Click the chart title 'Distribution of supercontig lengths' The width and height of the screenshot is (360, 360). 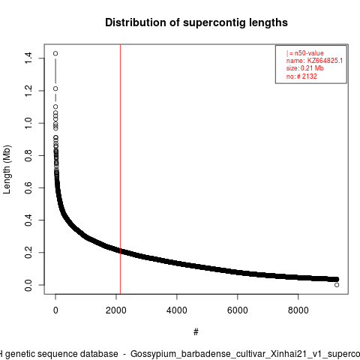(196, 22)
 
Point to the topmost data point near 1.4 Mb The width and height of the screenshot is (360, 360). (55, 53)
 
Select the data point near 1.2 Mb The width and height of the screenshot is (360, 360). (55, 88)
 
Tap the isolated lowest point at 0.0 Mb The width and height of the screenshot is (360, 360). (337, 285)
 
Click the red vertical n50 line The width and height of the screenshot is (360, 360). (120, 169)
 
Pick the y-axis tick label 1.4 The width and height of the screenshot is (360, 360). (28, 58)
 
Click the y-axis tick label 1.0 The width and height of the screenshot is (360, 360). (28, 123)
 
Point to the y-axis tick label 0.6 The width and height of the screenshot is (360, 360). (28, 187)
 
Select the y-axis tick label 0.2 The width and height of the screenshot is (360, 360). (28, 253)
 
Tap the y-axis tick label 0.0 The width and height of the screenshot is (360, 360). (28, 285)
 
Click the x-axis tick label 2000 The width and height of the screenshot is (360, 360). (116, 310)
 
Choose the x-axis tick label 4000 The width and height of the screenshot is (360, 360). (177, 310)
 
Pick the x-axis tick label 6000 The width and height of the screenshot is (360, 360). (238, 310)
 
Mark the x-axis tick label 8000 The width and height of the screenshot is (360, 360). (298, 310)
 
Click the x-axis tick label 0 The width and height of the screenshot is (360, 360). (55, 310)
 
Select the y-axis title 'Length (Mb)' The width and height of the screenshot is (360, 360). (7, 169)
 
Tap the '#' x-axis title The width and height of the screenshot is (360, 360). (196, 332)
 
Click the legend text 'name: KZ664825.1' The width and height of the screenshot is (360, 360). (314, 61)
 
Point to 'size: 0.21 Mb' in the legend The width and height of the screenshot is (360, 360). (305, 68)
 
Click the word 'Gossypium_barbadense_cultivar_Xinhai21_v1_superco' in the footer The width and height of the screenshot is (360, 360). (245, 354)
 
